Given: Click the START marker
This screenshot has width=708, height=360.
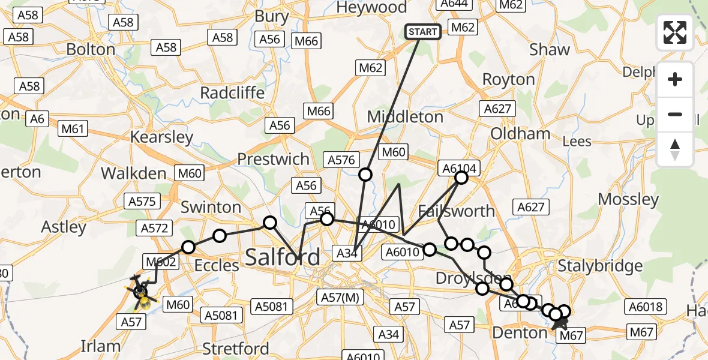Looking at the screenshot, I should click(x=424, y=31).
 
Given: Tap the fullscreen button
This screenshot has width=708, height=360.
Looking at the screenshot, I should click(x=675, y=32).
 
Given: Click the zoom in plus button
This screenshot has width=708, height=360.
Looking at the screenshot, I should click(x=675, y=79).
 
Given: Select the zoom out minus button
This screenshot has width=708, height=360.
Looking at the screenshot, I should click(x=675, y=114).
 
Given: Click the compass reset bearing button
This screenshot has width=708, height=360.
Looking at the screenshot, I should click(x=675, y=149).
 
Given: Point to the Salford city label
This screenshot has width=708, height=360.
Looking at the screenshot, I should click(x=282, y=258).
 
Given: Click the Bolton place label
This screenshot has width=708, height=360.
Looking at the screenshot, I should click(x=91, y=49).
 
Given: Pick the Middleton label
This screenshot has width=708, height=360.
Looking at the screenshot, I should click(x=405, y=116).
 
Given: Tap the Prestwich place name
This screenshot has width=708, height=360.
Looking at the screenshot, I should click(x=273, y=159).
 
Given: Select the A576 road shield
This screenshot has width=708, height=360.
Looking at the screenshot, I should click(x=341, y=160).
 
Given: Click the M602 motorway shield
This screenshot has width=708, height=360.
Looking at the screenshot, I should click(x=160, y=262).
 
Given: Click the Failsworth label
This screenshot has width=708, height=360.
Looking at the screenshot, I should click(x=456, y=211).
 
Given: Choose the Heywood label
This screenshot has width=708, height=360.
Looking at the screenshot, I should click(x=371, y=7).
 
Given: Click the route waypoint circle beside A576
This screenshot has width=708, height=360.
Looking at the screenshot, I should click(x=365, y=175).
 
